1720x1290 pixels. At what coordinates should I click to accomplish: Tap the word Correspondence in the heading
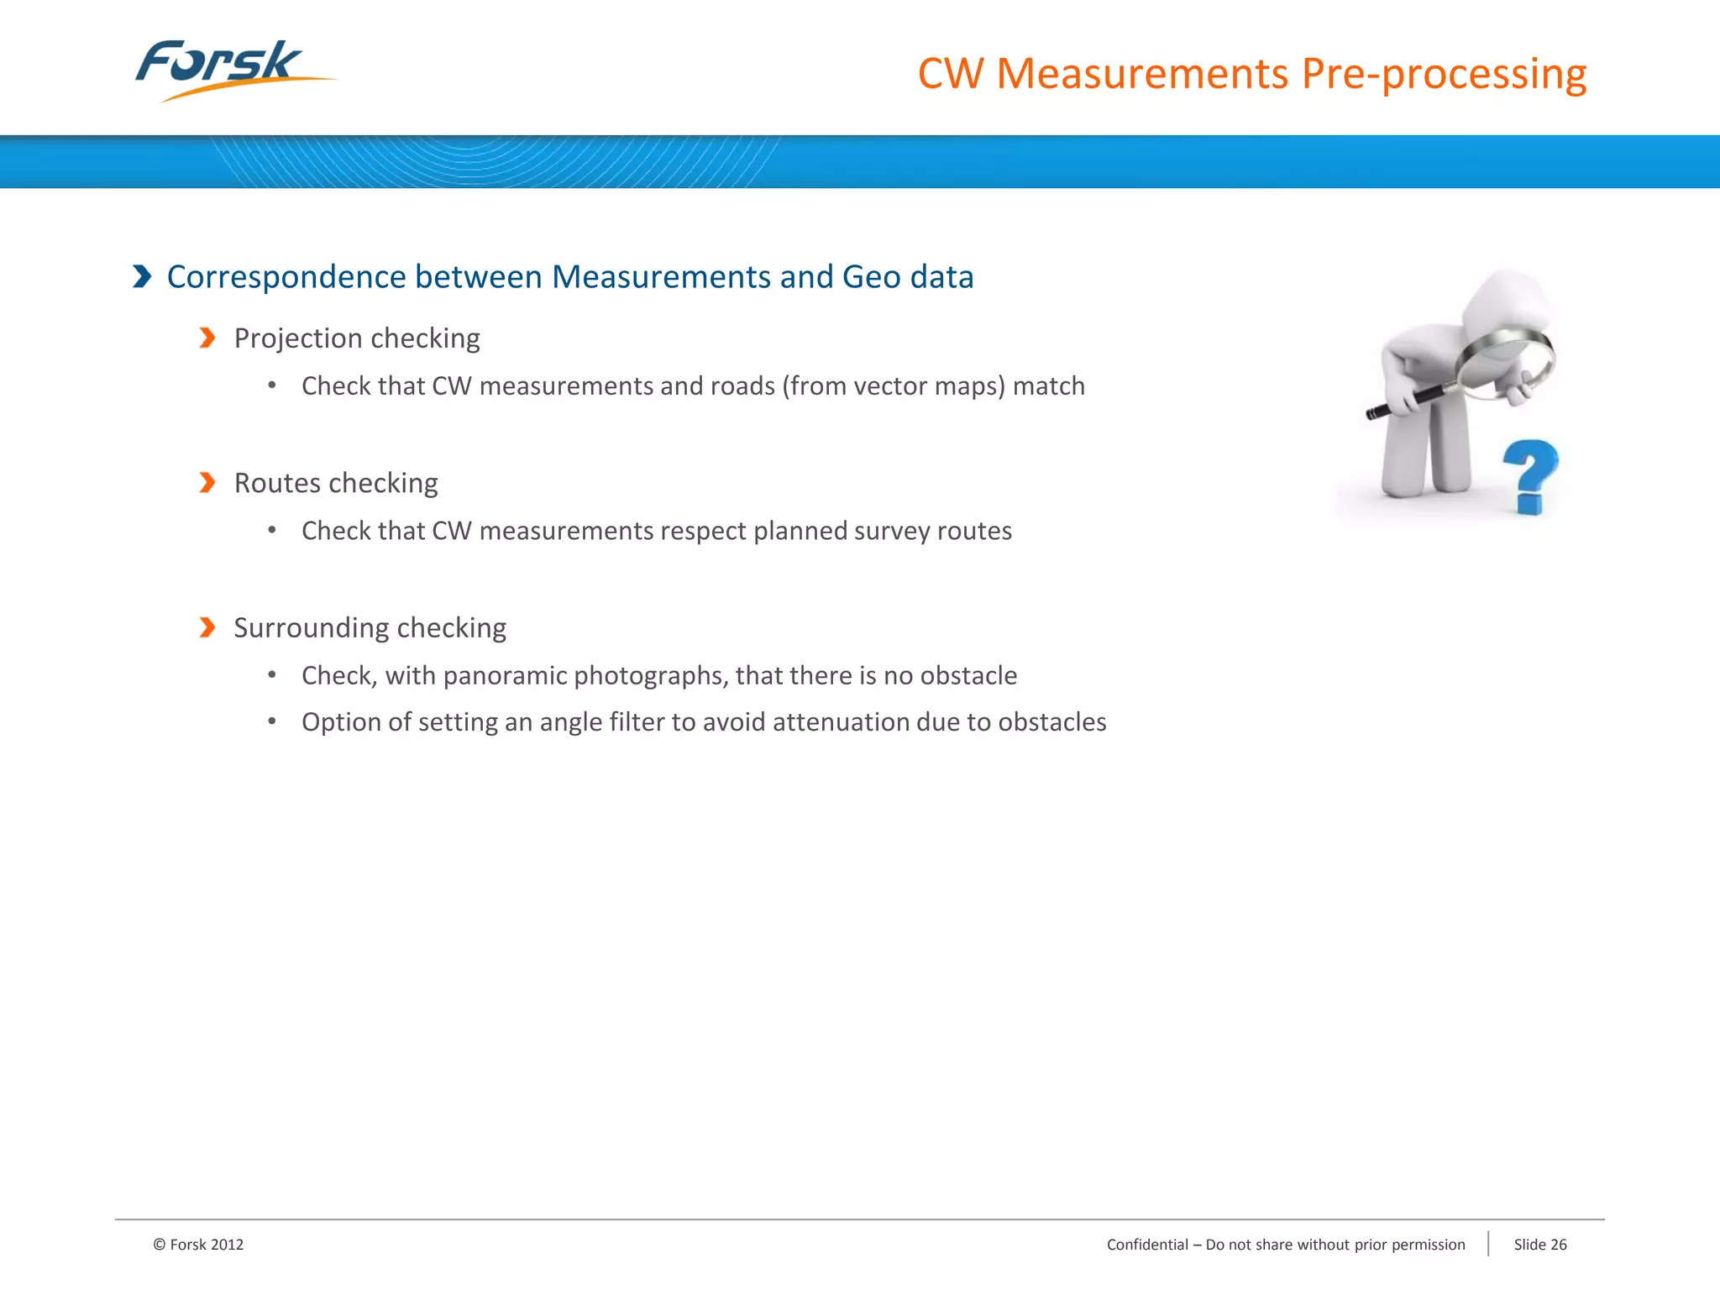coord(285,277)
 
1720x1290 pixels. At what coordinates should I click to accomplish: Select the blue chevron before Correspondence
coord(142,276)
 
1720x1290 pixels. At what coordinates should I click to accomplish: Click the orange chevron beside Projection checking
coord(207,338)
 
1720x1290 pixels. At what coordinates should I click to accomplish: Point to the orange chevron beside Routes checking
coord(207,483)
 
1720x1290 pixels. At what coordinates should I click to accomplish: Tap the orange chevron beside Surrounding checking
coord(207,627)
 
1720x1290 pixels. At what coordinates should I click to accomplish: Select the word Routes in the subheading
coord(276,483)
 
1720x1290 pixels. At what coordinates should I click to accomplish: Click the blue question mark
coord(1530,475)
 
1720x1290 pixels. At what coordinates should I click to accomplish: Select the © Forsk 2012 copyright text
coord(198,1245)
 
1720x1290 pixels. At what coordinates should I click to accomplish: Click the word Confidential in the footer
coord(1147,1245)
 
